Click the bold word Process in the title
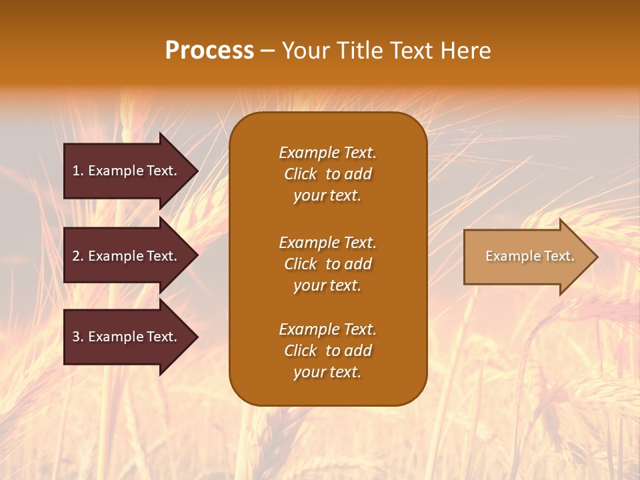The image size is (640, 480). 209,51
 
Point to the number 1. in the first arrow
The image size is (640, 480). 78,171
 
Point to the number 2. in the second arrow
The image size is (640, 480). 78,256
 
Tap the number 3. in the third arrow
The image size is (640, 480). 78,337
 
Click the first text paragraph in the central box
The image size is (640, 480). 327,174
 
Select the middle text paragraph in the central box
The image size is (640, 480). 327,264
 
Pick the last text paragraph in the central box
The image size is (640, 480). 327,351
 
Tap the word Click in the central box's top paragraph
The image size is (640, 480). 301,174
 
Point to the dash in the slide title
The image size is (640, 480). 267,51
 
